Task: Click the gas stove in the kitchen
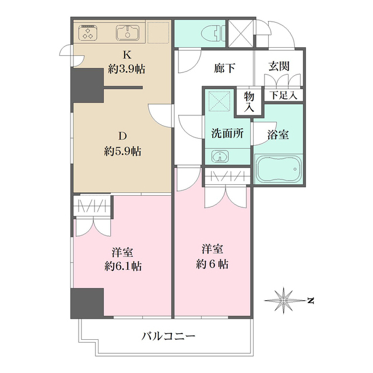87,33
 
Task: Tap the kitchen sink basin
128,33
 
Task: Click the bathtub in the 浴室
278,169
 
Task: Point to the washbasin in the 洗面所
220,157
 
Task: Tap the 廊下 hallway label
224,68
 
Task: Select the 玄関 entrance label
279,66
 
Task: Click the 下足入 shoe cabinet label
283,96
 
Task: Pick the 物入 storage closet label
249,102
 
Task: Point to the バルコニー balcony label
168,336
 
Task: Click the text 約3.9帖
126,69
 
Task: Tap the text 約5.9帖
122,151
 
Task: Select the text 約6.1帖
123,266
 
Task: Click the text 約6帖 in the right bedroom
212,264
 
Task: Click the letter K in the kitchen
127,55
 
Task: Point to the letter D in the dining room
122,136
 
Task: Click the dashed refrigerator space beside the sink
158,33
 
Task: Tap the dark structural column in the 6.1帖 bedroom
87,303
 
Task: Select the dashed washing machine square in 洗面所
220,101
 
